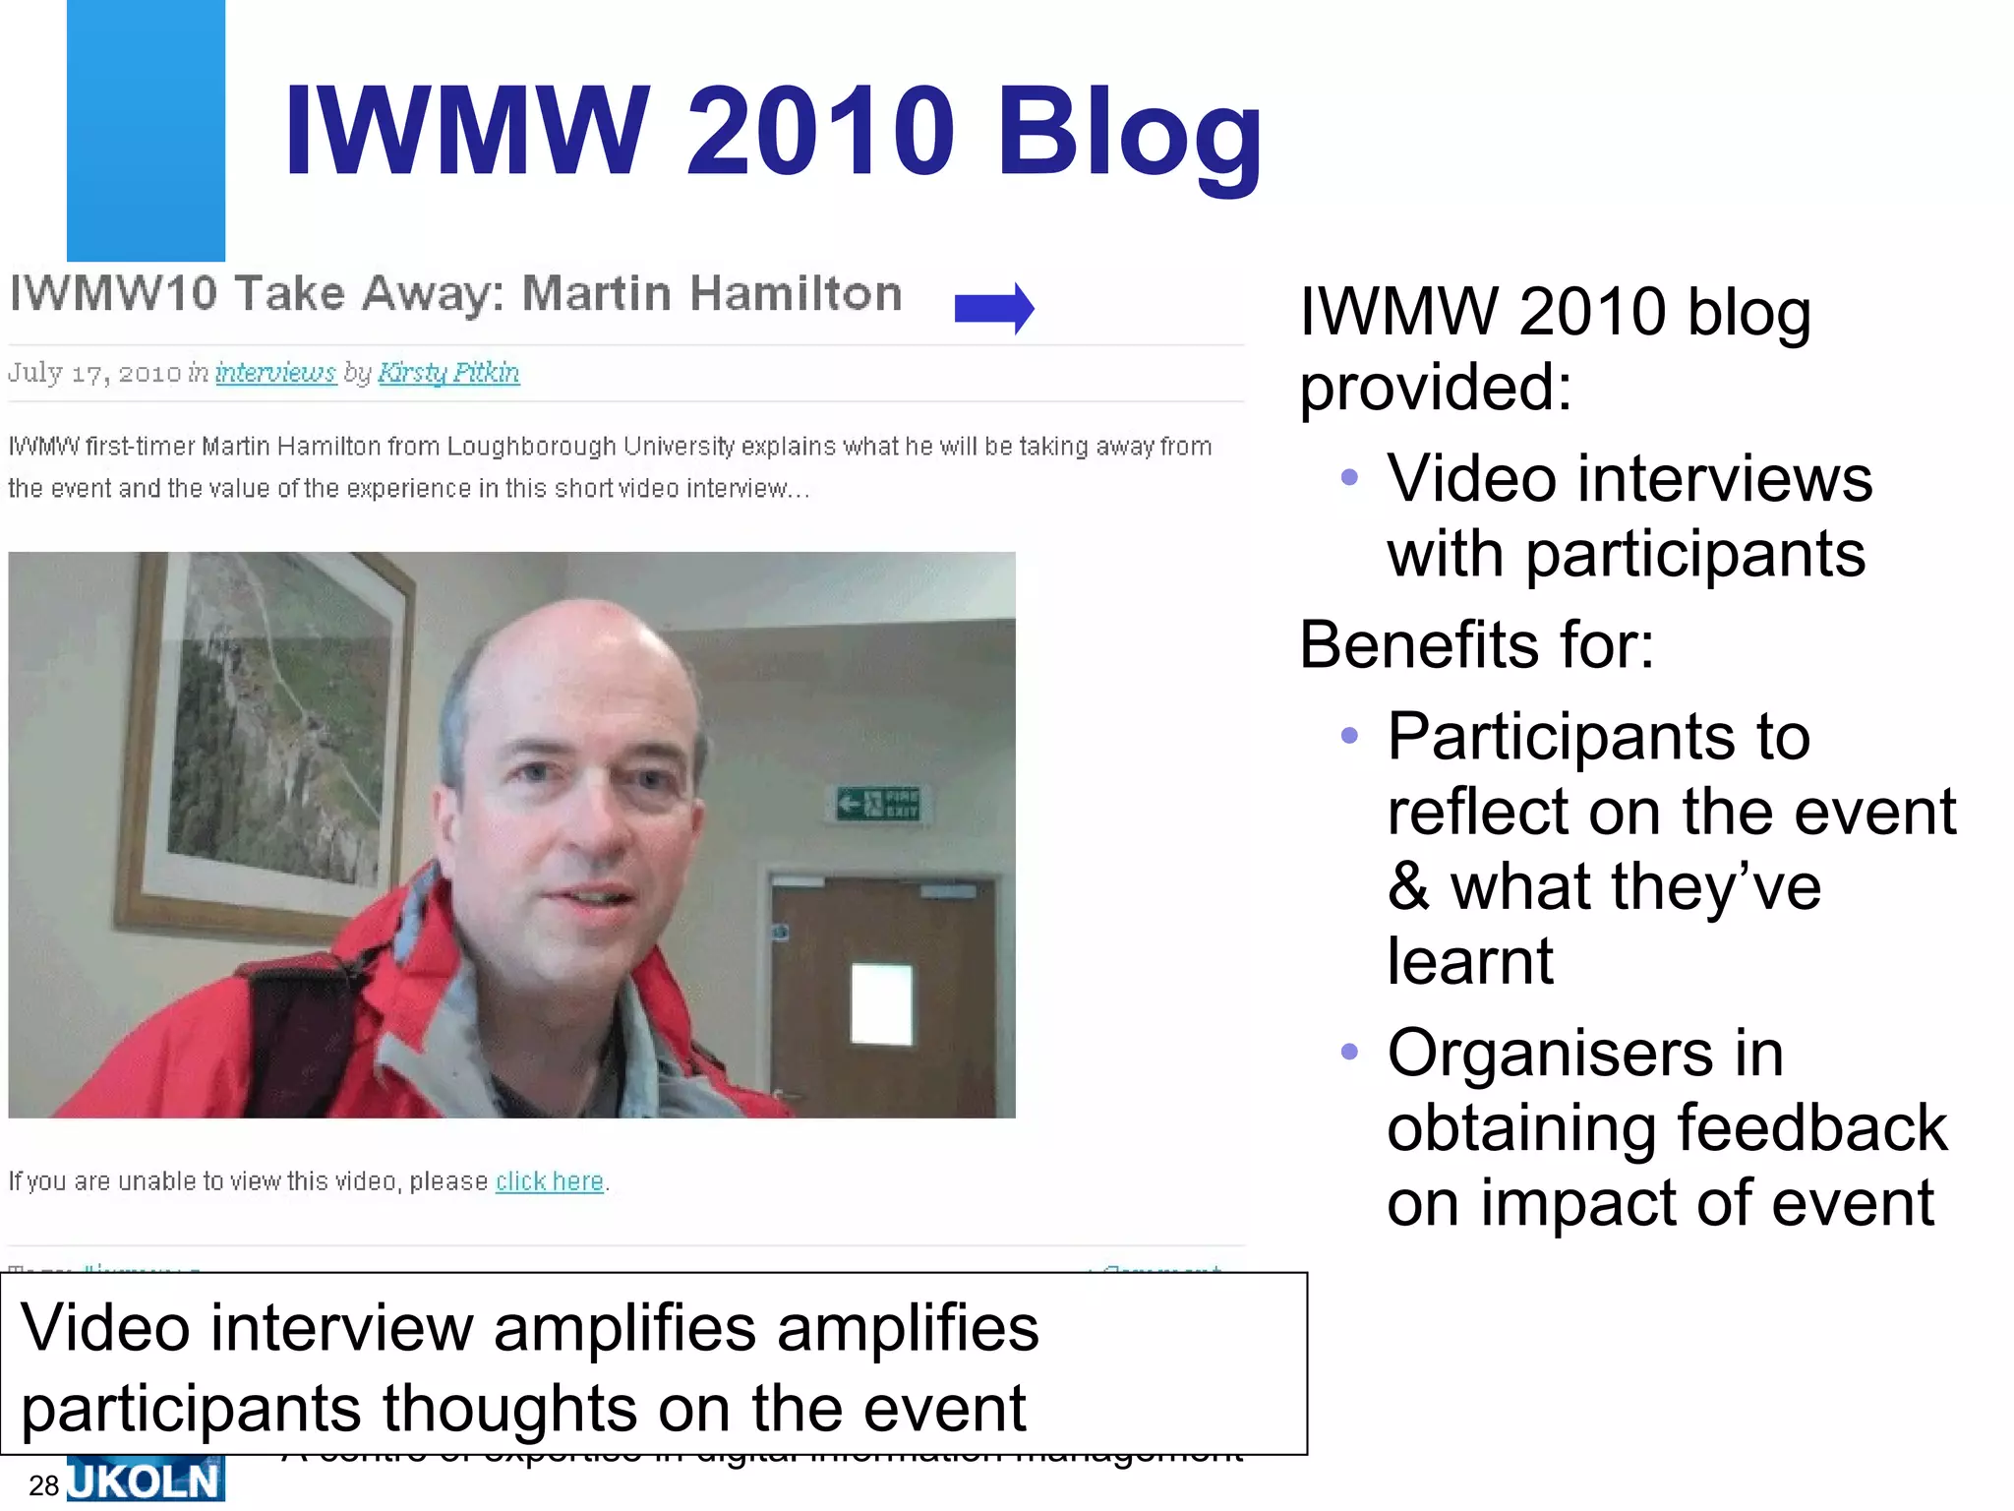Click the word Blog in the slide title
(x=1129, y=133)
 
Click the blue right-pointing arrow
(x=994, y=309)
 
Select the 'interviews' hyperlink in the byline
(x=275, y=373)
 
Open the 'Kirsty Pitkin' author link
(x=448, y=373)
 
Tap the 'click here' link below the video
(x=549, y=1180)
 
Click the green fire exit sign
(x=878, y=804)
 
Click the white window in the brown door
(x=881, y=1003)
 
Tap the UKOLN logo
(x=146, y=1482)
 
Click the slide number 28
(x=44, y=1485)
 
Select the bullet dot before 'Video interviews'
(x=1349, y=478)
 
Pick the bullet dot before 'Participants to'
(x=1349, y=735)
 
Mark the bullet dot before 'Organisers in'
(x=1349, y=1052)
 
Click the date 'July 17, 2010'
(x=94, y=373)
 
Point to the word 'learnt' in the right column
(x=1470, y=960)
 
